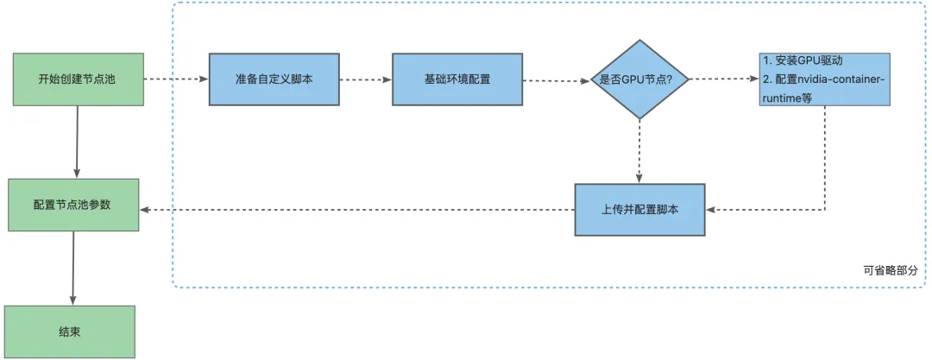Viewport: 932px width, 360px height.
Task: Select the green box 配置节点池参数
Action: (x=73, y=205)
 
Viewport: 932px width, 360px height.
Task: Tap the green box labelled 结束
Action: (x=70, y=331)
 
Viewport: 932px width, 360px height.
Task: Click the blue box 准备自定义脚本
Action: (x=274, y=79)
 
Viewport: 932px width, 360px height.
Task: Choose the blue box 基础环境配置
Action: (x=457, y=79)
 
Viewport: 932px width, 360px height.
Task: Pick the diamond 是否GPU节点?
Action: (x=639, y=79)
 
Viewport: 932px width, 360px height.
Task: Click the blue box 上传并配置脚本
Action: (x=639, y=210)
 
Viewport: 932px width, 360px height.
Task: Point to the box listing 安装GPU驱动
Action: (x=825, y=79)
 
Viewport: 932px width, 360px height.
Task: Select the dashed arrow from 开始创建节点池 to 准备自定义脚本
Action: (x=175, y=79)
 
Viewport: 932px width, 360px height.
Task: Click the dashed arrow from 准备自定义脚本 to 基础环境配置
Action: (x=365, y=79)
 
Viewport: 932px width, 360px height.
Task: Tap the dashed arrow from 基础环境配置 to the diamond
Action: (x=556, y=80)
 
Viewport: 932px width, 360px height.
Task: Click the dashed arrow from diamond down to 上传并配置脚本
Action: (x=639, y=151)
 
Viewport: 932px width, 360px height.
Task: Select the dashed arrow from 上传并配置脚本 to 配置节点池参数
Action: (x=357, y=210)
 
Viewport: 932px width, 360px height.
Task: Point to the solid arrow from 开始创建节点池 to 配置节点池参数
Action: (x=77, y=142)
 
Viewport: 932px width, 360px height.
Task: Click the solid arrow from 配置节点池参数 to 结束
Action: (x=72, y=268)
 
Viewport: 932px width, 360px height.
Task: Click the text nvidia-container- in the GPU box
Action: (x=834, y=79)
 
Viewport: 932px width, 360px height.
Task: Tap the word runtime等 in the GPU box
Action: (x=787, y=98)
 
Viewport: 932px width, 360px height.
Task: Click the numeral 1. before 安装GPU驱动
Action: (x=767, y=62)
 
